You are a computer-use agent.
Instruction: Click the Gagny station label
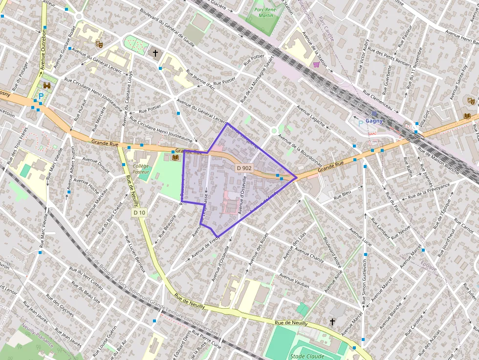[374, 121]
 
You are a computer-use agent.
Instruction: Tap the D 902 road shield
[244, 168]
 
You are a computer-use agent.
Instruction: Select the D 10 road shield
[139, 212]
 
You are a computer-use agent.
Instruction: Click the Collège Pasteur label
[141, 169]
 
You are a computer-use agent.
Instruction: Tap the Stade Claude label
[307, 356]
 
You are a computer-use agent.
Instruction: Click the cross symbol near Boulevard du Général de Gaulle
[155, 52]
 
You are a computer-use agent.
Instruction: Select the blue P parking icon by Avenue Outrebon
[41, 97]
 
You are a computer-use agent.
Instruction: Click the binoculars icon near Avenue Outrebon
[47, 85]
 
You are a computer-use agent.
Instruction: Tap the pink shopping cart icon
[316, 64]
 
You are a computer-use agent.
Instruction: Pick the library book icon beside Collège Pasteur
[175, 158]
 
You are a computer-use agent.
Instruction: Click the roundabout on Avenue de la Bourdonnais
[274, 130]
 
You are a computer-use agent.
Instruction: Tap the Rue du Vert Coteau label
[86, 277]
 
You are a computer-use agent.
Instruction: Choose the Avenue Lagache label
[311, 116]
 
